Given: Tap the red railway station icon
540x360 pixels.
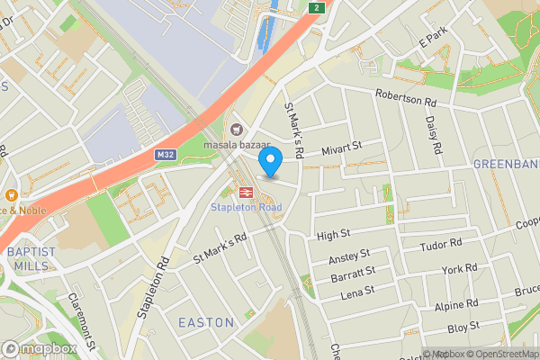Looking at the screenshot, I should (x=245, y=192).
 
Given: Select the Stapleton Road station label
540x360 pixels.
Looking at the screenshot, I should (x=246, y=208).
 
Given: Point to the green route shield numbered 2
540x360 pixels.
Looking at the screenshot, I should (x=316, y=7).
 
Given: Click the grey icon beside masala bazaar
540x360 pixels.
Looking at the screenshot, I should (x=237, y=130).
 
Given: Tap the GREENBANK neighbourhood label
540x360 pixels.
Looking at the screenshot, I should (x=506, y=165).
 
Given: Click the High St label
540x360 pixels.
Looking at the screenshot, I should (x=333, y=235).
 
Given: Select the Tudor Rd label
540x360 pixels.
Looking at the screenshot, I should (x=441, y=244).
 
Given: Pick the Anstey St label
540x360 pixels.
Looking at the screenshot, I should (x=349, y=258).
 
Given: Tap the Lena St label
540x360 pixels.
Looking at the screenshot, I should (x=355, y=290).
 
